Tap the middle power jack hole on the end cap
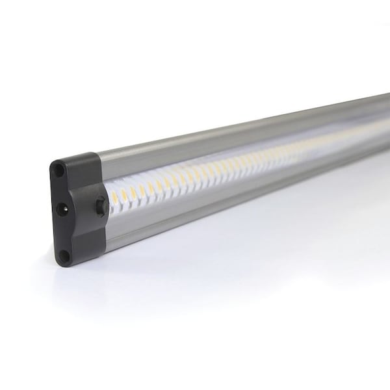(x=64, y=209)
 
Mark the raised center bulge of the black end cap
(x=101, y=203)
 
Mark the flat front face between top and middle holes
(x=62, y=188)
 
